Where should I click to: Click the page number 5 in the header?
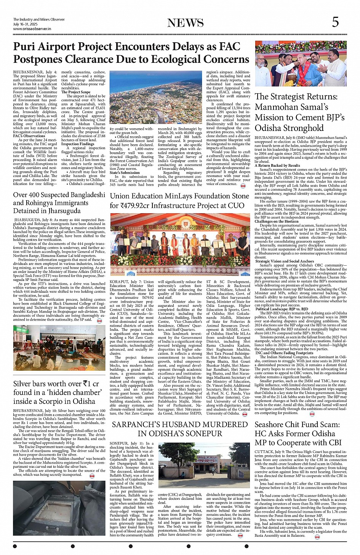(x=335, y=22)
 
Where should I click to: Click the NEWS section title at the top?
(x=185, y=23)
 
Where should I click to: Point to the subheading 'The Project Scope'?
(x=76, y=92)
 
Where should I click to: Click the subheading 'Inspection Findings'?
(x=78, y=144)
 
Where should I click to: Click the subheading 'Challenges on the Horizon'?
(x=276, y=221)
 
